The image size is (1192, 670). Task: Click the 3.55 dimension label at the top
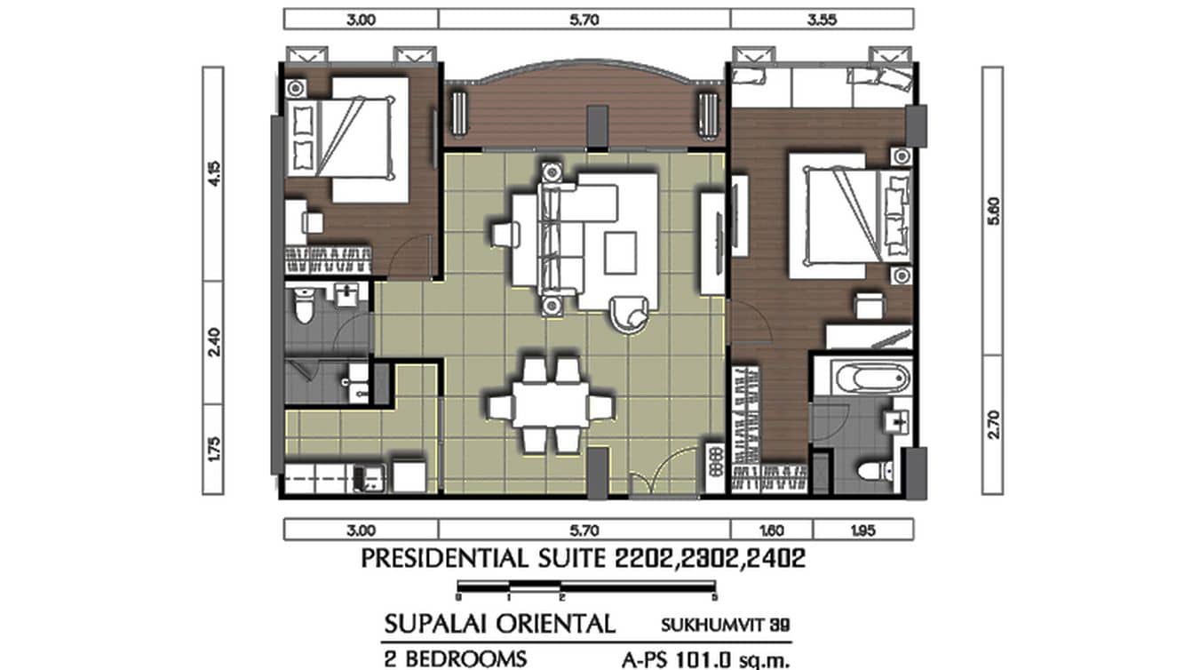[x=822, y=19]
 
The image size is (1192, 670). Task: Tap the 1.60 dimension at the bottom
[x=771, y=530]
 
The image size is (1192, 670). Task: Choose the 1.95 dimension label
[x=862, y=530]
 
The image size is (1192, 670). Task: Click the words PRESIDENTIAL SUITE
[x=484, y=560]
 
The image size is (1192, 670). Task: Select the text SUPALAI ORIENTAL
[x=499, y=623]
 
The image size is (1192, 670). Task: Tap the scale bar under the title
[x=586, y=588]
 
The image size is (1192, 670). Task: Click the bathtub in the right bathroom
[x=862, y=379]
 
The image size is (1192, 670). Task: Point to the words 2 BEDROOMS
[x=455, y=658]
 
